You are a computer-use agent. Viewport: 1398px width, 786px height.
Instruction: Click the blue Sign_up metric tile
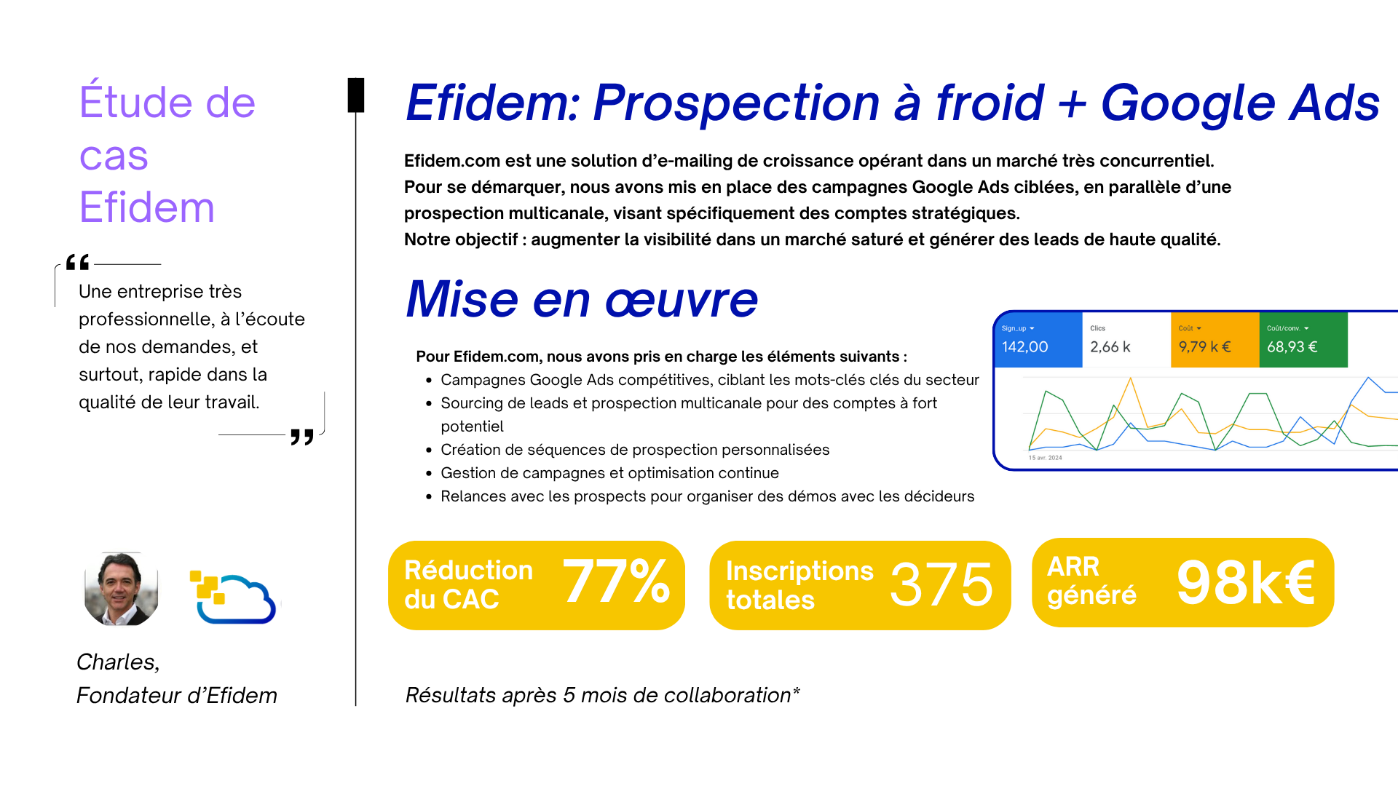click(1038, 340)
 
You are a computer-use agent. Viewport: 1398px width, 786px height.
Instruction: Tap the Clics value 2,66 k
click(1110, 347)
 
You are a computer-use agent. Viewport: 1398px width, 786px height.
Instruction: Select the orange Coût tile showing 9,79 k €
click(1215, 340)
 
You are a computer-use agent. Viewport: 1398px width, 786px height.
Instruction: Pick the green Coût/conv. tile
click(1303, 340)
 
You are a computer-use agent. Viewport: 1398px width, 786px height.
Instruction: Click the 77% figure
click(616, 581)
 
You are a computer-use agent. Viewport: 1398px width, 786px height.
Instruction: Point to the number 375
click(941, 584)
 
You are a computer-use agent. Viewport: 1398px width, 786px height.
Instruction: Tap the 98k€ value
click(1246, 581)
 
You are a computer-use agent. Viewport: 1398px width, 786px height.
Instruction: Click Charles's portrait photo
click(122, 589)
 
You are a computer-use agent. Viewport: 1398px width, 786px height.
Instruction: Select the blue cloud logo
click(233, 598)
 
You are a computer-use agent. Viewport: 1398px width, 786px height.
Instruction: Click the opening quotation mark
click(77, 262)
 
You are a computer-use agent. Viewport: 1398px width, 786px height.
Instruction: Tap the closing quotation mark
click(302, 437)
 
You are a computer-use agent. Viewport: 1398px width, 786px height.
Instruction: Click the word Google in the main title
click(1188, 103)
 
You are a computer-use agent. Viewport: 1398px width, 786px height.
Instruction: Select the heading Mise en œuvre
click(582, 299)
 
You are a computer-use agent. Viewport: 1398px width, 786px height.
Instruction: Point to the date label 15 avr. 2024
click(1045, 458)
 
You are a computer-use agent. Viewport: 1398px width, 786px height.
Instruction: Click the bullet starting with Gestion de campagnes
click(609, 473)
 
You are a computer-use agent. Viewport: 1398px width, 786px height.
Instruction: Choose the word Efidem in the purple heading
click(147, 207)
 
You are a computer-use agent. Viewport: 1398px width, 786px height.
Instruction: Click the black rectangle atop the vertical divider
click(356, 95)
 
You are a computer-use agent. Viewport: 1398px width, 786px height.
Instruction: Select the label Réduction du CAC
click(468, 585)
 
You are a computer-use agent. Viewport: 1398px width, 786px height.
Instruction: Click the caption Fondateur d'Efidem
click(177, 696)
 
